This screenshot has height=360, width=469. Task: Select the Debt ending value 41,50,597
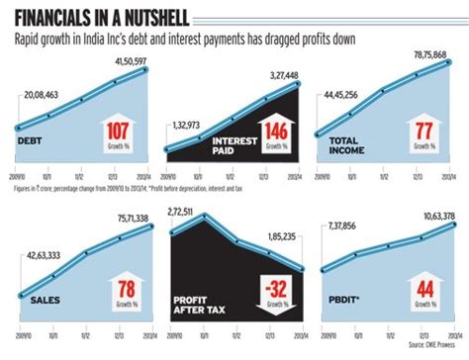point(126,62)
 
